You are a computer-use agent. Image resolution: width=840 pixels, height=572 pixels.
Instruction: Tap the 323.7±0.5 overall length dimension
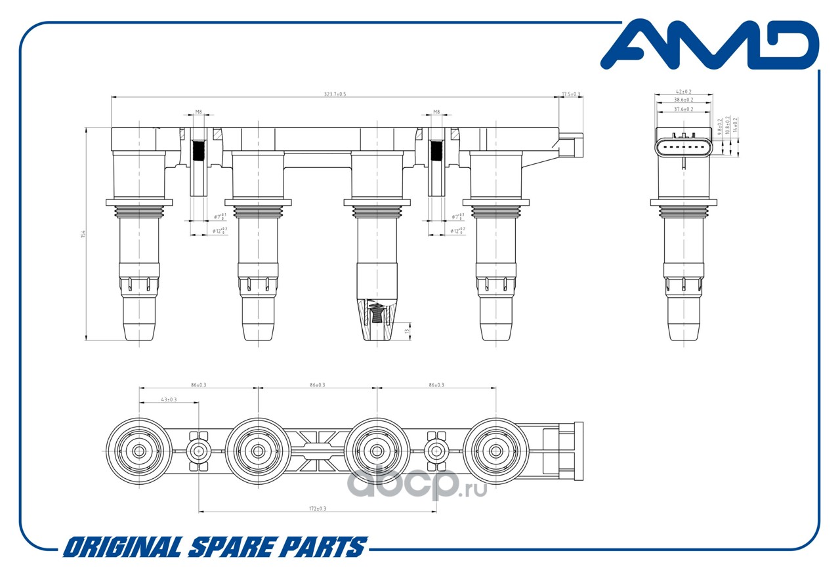[335, 94]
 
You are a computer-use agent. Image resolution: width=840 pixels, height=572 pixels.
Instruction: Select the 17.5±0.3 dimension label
[571, 94]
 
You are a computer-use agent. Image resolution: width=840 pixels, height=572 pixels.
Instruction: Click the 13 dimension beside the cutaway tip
[407, 331]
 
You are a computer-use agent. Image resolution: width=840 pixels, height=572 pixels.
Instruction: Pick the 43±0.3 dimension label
[169, 399]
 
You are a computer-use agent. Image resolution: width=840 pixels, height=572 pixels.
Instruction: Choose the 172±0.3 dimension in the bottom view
[318, 509]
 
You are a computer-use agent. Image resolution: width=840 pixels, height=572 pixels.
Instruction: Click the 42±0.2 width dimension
[683, 92]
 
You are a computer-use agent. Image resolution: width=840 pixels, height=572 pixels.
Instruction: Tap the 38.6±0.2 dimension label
[683, 100]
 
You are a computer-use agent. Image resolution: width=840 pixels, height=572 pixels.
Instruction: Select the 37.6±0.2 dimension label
[683, 109]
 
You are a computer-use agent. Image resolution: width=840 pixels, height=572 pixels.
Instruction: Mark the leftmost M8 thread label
[198, 112]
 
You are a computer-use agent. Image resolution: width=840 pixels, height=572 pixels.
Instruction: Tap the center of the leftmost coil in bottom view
[139, 451]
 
